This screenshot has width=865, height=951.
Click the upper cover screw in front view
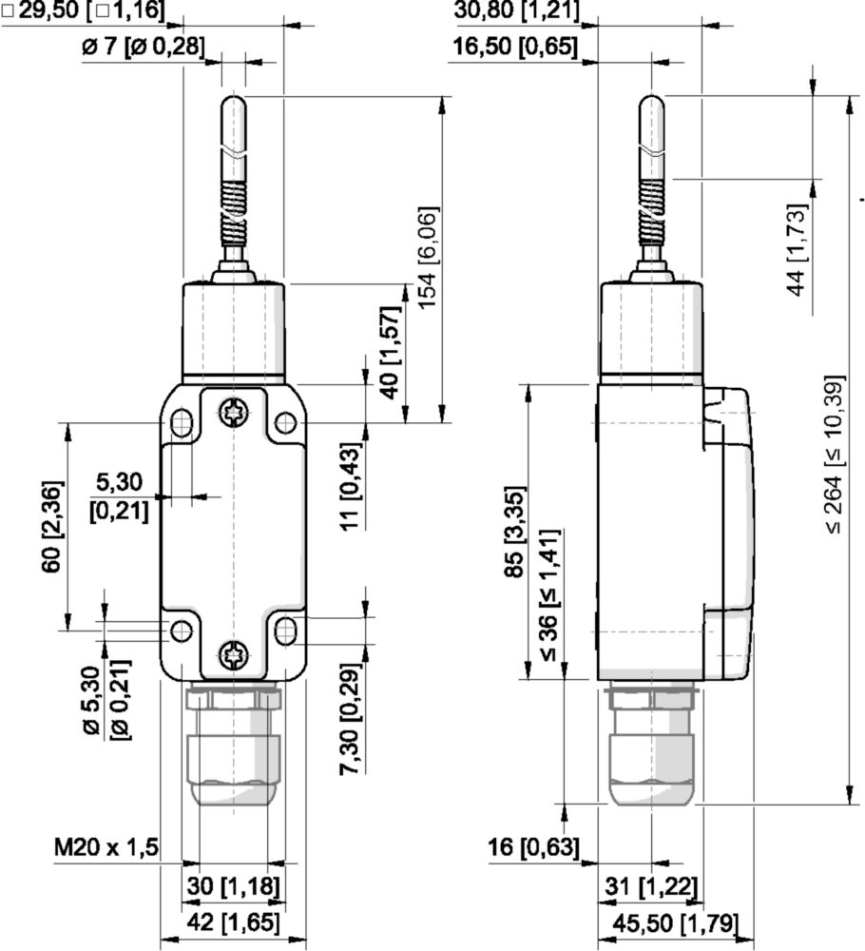(x=233, y=412)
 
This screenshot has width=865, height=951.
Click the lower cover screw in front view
(x=233, y=653)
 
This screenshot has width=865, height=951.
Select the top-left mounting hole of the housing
(x=181, y=420)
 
